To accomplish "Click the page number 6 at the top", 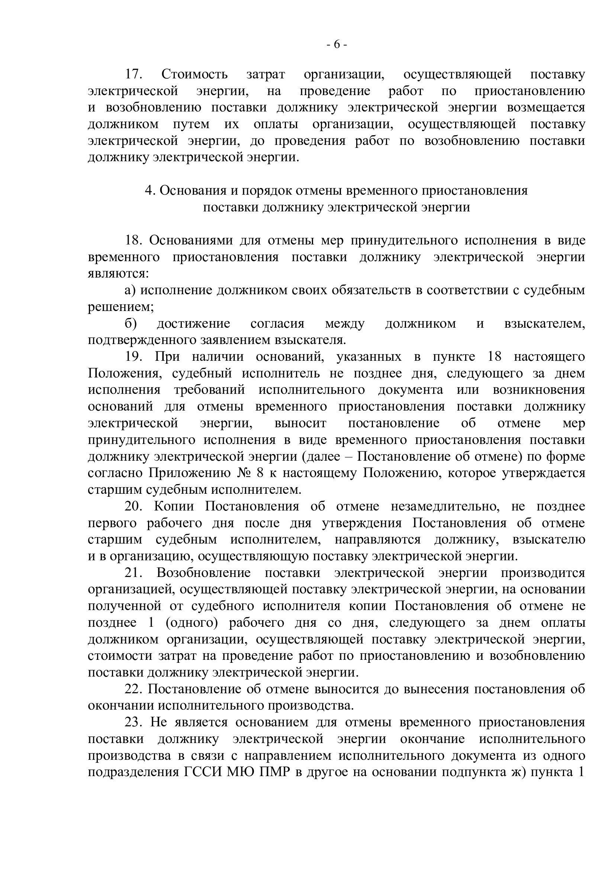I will [337, 45].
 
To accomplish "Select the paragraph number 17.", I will [133, 74].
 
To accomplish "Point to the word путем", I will [185, 124].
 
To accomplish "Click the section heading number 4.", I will [150, 190].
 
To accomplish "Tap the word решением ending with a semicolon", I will [120, 307].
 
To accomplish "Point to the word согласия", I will [278, 324].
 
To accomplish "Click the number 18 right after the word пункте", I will [495, 357].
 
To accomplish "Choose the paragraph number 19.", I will [133, 357].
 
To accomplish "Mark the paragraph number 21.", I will [133, 573].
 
